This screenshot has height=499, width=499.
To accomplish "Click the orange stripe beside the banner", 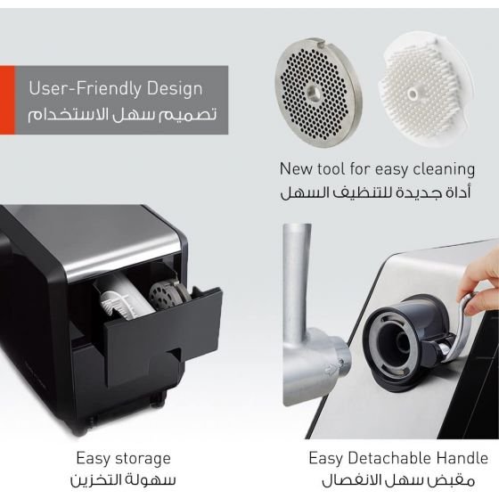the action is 7,100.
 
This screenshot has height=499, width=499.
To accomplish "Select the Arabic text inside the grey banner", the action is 122,115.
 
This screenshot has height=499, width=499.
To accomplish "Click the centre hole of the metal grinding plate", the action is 315,93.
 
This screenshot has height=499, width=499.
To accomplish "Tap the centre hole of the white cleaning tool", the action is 413,94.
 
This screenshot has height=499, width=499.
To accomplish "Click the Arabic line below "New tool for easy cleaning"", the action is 375,192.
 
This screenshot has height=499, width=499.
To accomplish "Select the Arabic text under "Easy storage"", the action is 123,480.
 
